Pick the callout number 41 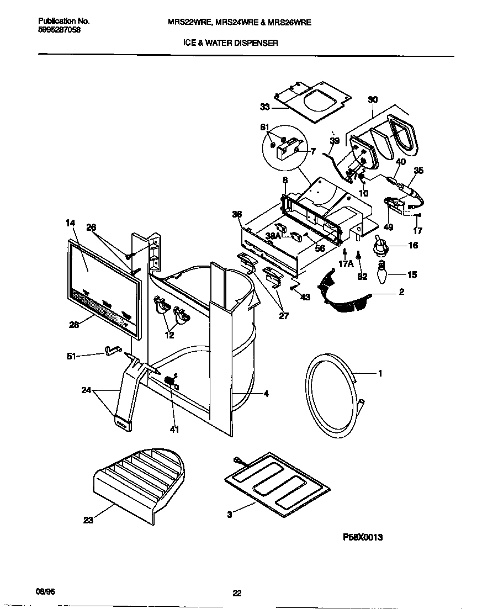click(x=174, y=430)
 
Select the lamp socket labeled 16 click(x=380, y=246)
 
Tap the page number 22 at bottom click(x=237, y=593)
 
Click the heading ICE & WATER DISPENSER click(x=231, y=43)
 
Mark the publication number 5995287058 click(x=60, y=31)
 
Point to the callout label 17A click(x=346, y=264)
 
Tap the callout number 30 click(x=373, y=100)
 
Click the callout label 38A click(x=273, y=236)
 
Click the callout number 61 click(x=265, y=128)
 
